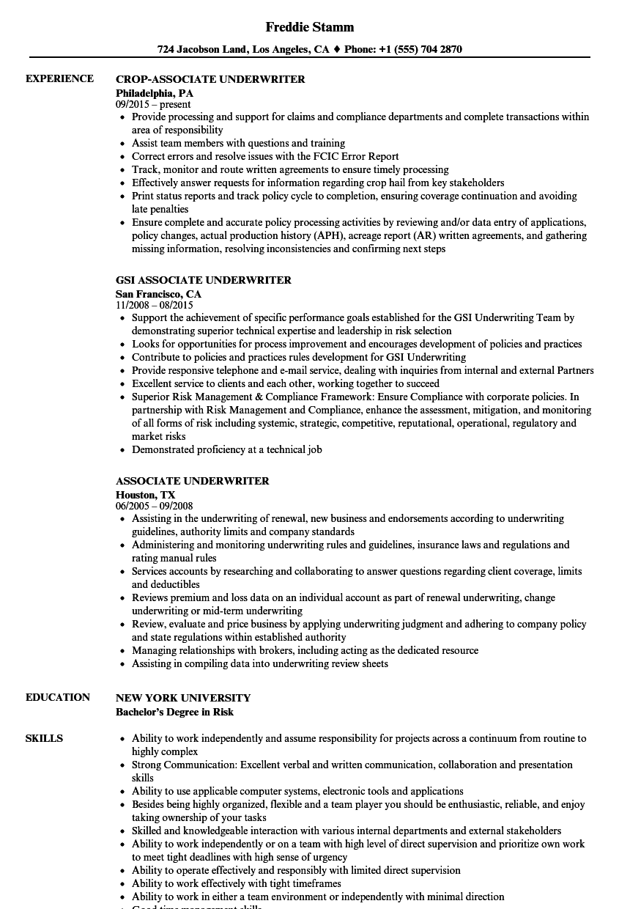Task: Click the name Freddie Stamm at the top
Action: (310, 27)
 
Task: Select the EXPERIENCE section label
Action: (59, 78)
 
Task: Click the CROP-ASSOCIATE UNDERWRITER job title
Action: (210, 79)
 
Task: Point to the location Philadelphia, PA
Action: (155, 93)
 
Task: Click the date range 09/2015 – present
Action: (153, 104)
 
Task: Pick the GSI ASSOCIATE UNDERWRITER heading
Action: (204, 280)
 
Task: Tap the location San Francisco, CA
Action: (158, 294)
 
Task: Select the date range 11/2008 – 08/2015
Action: (155, 305)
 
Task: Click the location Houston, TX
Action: (145, 495)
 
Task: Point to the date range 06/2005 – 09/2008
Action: (155, 506)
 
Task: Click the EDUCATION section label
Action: (58, 697)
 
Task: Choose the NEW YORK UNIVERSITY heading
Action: (183, 698)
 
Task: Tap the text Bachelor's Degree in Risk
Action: (174, 712)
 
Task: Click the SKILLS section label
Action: (44, 738)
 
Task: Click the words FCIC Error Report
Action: (357, 156)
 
